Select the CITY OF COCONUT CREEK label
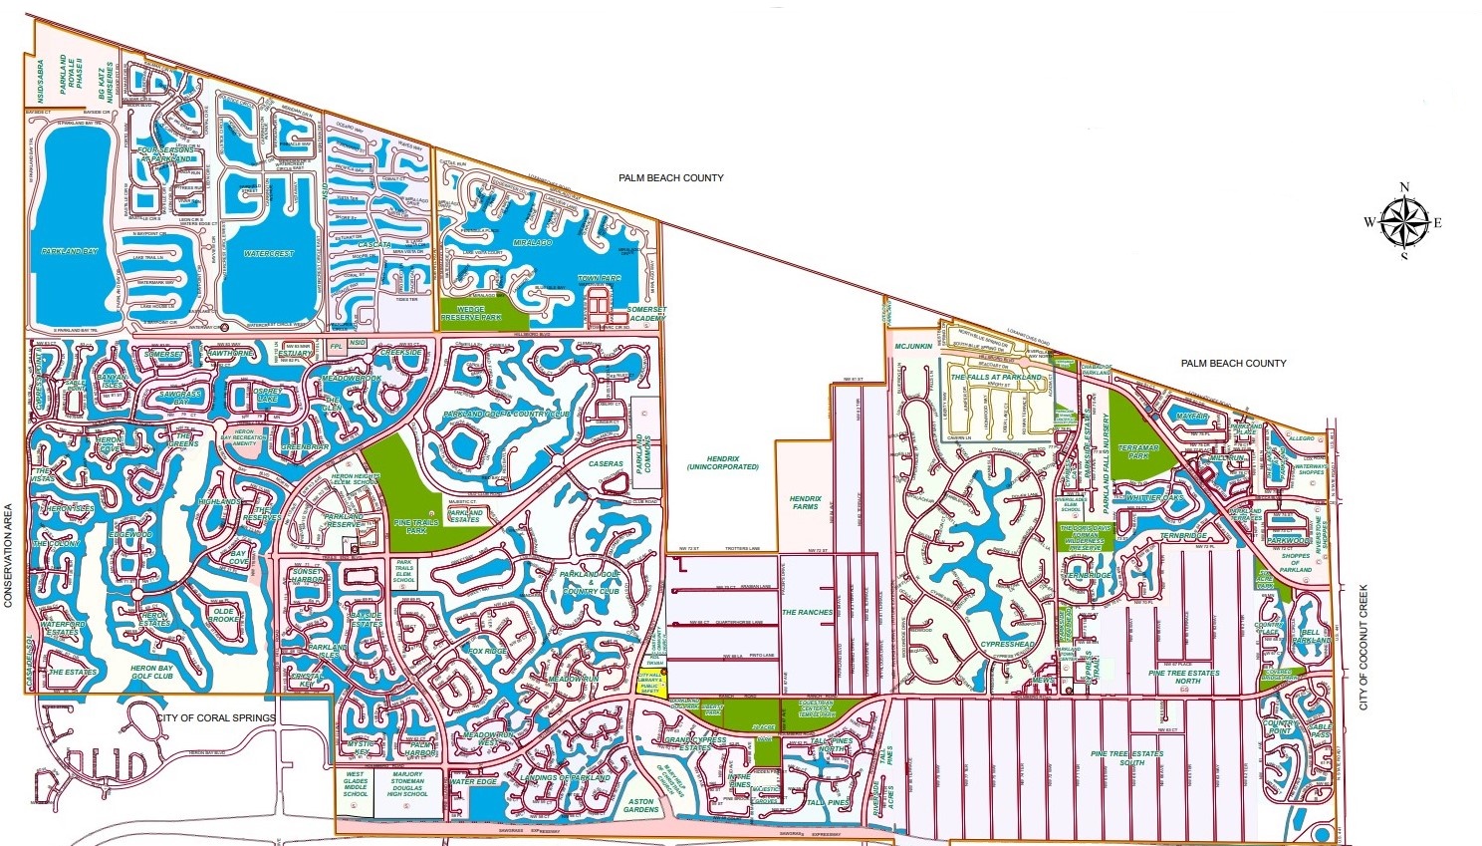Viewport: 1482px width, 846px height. tap(1364, 648)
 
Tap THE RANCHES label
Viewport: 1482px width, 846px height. tap(807, 612)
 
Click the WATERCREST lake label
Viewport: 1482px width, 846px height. tap(269, 254)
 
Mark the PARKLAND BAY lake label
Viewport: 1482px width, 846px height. tap(70, 251)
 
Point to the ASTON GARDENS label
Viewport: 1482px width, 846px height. tap(641, 805)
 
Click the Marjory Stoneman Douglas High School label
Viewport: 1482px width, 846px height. tap(407, 783)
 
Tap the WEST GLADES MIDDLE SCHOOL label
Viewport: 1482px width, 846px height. tap(356, 783)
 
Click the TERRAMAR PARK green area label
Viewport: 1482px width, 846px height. tap(1138, 452)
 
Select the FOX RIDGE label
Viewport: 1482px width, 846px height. tap(488, 651)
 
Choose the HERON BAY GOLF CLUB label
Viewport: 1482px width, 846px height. tap(151, 673)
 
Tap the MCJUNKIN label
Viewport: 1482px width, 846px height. tap(913, 347)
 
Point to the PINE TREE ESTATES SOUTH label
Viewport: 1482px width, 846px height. tap(1127, 757)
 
